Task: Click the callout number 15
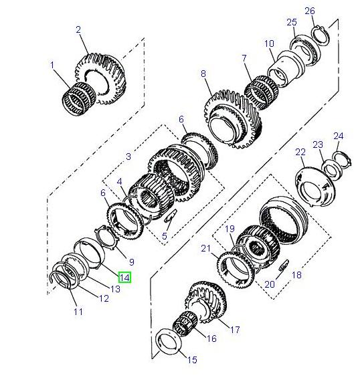(x=192, y=360)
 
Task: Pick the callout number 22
(x=300, y=153)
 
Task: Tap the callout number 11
(x=78, y=312)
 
